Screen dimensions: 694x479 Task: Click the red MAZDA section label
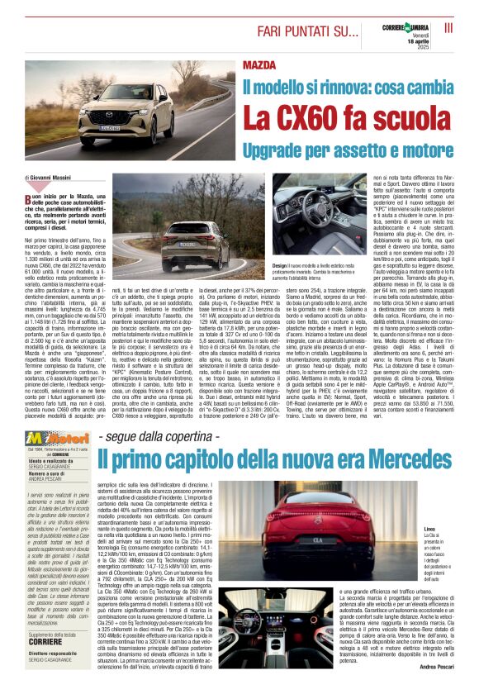tap(259, 65)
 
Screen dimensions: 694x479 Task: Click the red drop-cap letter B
tap(29, 191)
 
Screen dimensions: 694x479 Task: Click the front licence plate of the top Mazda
tap(109, 127)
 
